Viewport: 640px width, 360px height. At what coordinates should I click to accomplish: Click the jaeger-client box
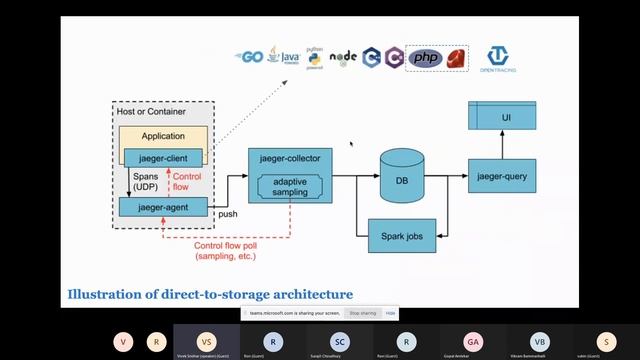coord(163,157)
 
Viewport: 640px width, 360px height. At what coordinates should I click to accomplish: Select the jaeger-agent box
coord(163,207)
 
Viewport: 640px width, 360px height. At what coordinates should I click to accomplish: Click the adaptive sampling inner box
coord(290,186)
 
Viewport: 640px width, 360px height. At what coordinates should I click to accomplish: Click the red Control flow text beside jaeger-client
coord(201,181)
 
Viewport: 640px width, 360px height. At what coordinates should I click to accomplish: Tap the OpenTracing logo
coord(500,60)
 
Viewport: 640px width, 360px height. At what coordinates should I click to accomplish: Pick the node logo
coord(343,58)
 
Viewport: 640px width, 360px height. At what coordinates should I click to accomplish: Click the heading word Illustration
coord(107,294)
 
